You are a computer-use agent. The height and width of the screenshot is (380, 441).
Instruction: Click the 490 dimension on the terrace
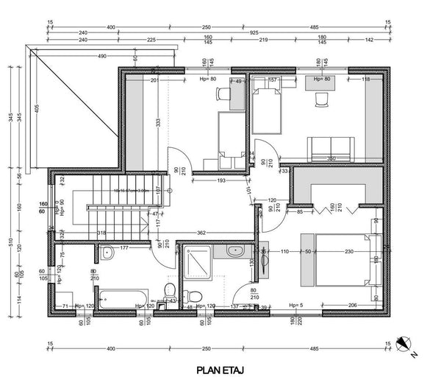101,56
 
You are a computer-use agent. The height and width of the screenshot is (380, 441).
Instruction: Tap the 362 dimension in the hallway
201,233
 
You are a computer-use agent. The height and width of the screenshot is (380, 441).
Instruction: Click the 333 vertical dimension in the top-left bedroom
157,126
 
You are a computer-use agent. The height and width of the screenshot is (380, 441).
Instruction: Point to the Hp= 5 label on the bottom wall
295,305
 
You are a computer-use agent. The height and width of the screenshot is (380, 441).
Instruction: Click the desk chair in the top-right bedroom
321,99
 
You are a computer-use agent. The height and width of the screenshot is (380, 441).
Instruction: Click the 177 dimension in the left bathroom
125,249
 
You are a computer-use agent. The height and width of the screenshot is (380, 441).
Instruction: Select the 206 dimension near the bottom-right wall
352,305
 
